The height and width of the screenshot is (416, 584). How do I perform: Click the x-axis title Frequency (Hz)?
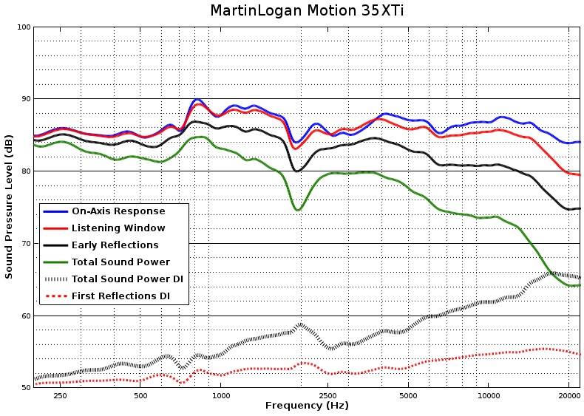coord(307,406)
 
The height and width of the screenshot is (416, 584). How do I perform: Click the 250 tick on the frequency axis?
coord(61,396)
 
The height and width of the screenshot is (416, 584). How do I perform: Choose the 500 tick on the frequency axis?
coord(141,396)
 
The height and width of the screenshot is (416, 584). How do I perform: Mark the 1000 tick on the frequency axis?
coord(221,396)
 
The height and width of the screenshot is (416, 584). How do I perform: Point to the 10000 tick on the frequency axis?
coord(488,396)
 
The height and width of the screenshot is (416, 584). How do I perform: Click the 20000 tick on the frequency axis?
coord(568,396)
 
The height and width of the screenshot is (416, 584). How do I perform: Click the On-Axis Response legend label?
coord(118,211)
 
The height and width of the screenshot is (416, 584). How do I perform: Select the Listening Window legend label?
coord(118,228)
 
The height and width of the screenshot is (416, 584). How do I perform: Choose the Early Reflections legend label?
coord(115,245)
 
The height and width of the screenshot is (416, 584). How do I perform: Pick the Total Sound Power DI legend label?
coord(127,279)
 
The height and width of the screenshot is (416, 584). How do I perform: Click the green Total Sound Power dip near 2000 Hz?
coord(298,210)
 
